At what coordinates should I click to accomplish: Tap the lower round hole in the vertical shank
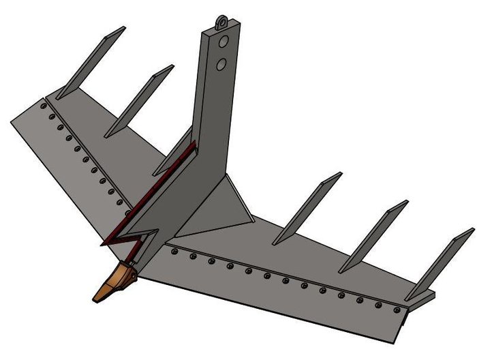222,65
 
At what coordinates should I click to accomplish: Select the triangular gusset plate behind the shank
232,208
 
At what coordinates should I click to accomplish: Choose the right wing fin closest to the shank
307,208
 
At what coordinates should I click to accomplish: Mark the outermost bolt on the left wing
44,106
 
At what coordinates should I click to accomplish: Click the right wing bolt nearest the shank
175,252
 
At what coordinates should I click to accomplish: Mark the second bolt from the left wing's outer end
52,117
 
